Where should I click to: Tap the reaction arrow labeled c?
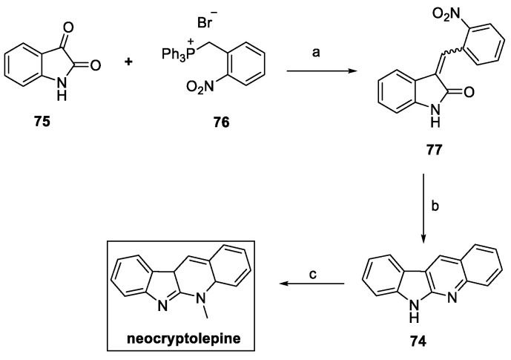tap(312, 283)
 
